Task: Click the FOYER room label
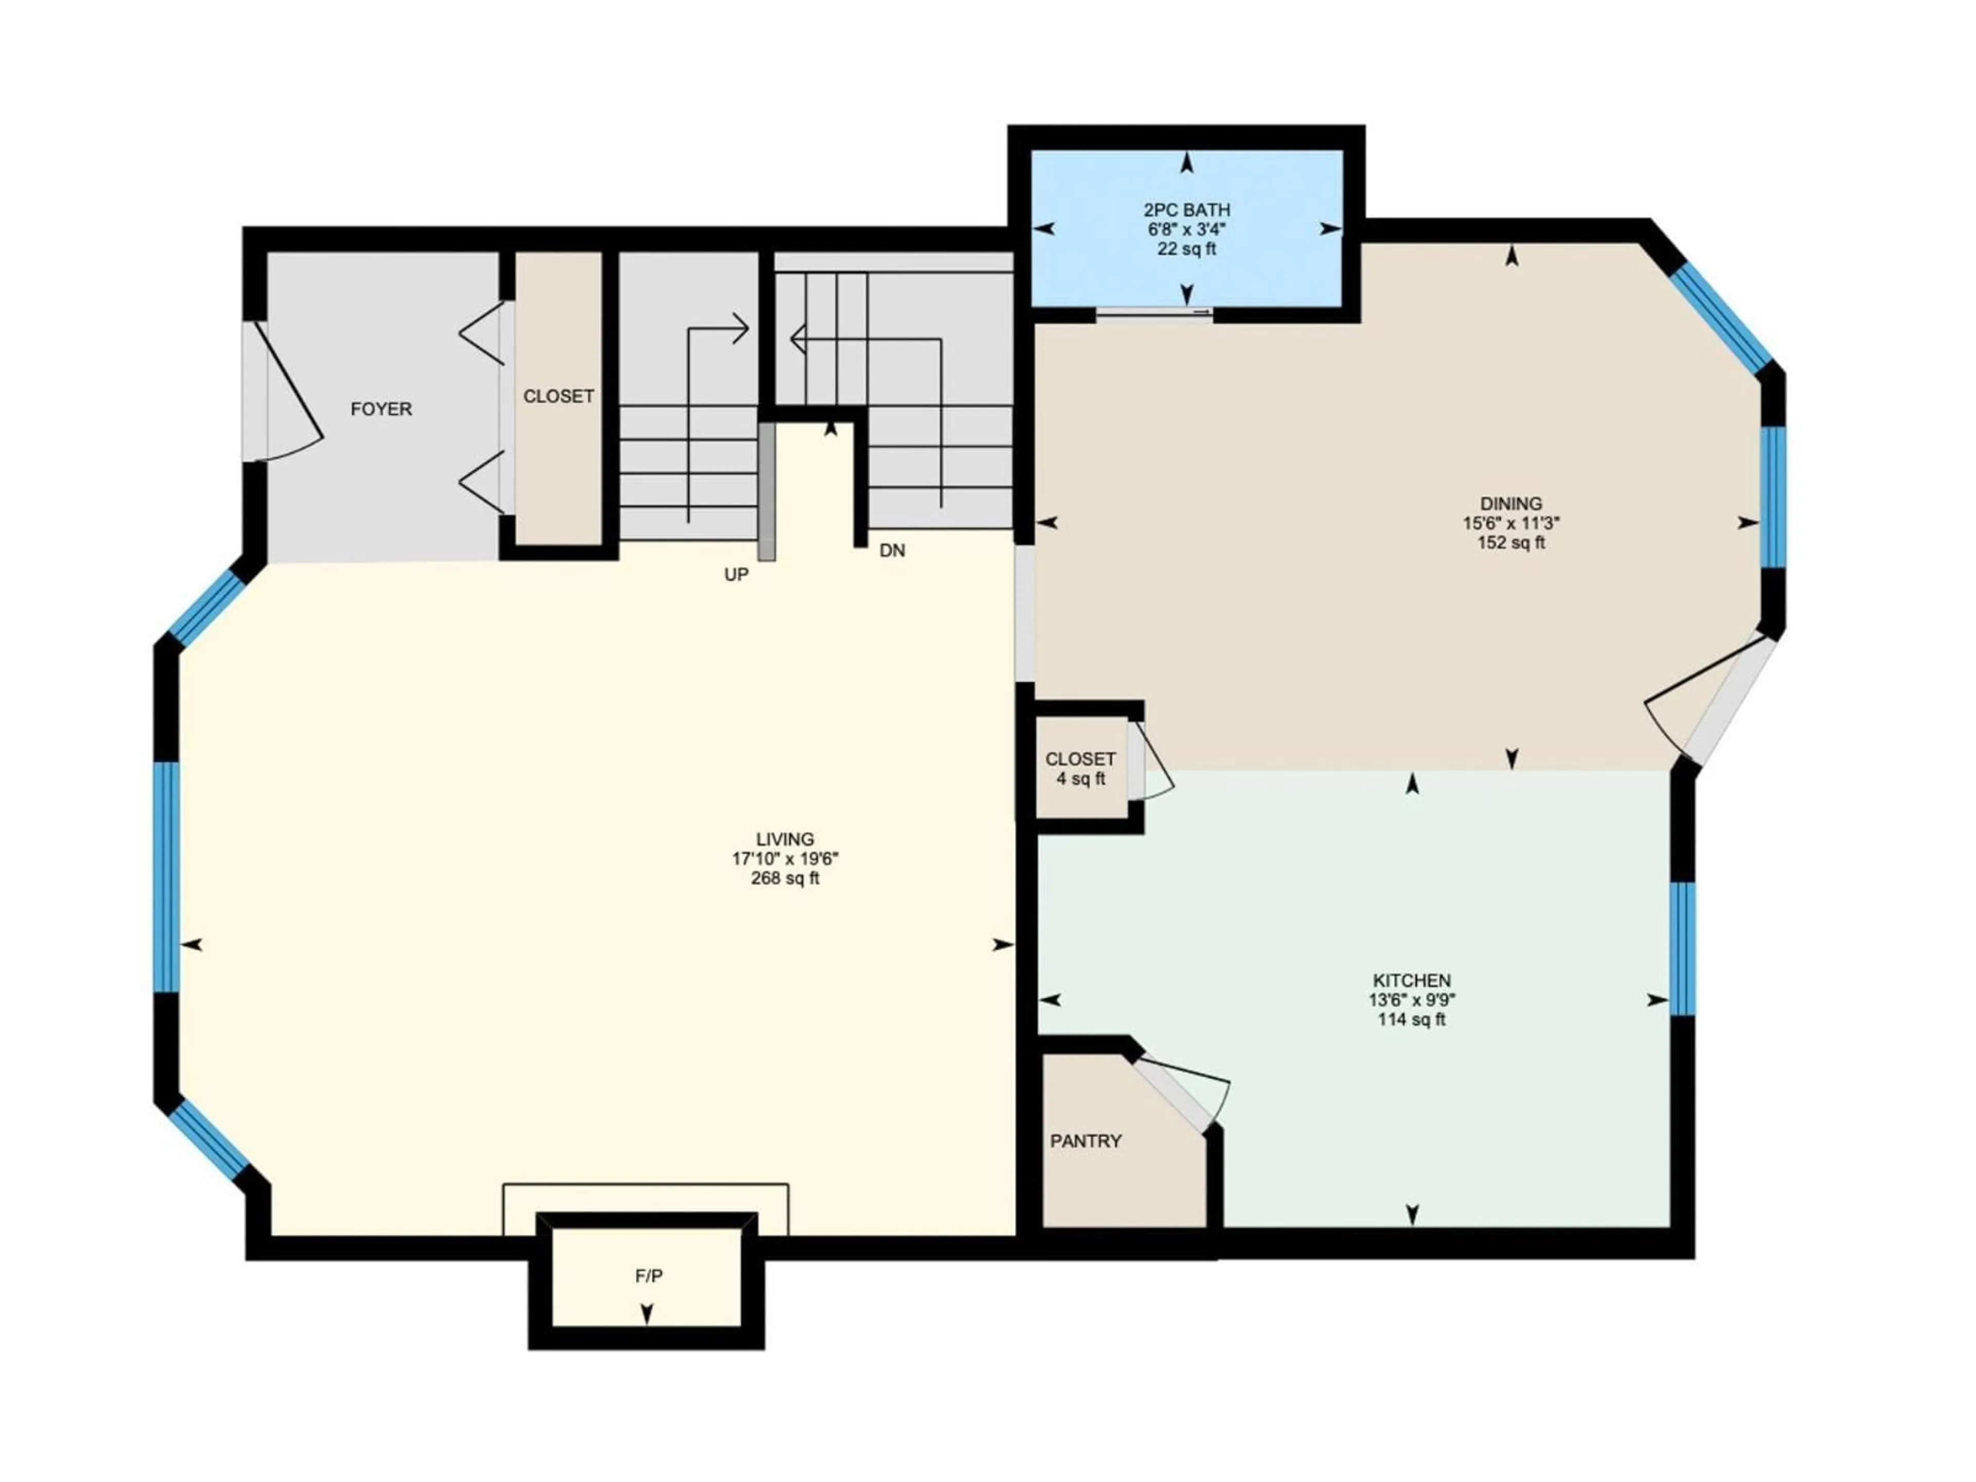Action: click(381, 409)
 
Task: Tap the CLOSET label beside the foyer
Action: click(558, 396)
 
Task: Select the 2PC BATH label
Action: click(1186, 210)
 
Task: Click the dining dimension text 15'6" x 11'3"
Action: click(1511, 523)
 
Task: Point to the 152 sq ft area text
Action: click(1511, 543)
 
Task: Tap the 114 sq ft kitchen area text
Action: click(1412, 1019)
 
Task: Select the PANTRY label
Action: click(1085, 1141)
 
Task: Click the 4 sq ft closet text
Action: click(1080, 779)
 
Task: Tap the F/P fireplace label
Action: click(648, 1277)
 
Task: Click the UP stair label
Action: click(736, 575)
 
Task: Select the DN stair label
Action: click(892, 551)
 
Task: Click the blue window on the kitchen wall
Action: click(1682, 949)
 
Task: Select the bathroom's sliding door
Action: click(1154, 312)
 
